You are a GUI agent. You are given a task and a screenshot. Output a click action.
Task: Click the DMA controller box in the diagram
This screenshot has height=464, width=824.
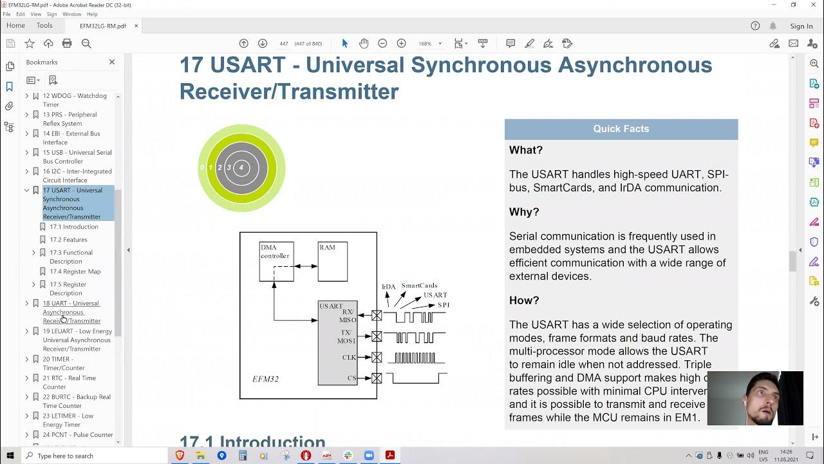pos(276,261)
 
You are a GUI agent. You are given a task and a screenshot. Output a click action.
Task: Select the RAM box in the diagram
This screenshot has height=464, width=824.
pos(333,261)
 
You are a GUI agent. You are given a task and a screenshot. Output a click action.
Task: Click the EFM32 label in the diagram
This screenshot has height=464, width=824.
pos(265,379)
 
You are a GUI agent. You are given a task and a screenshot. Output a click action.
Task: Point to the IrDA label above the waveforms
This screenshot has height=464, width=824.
pos(388,287)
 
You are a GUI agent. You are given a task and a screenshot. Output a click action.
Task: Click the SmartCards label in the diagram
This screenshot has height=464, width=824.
pos(419,285)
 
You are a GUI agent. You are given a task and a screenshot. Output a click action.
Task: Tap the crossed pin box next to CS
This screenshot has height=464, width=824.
pos(377,378)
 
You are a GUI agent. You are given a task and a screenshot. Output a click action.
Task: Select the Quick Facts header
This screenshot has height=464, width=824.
pos(621,129)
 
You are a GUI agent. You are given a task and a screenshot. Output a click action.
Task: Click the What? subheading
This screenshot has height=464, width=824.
pos(526,150)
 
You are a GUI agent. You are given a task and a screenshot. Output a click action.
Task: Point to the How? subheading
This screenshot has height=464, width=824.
pos(524,300)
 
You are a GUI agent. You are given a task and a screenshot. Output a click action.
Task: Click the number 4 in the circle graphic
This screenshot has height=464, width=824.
pos(241,168)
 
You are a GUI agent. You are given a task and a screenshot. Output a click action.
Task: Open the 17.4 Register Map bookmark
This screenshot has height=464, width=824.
pos(75,271)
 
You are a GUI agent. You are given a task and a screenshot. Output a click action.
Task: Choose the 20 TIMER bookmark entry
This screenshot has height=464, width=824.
pos(64,363)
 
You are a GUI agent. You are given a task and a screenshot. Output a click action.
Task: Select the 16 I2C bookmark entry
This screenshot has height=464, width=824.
pos(77,175)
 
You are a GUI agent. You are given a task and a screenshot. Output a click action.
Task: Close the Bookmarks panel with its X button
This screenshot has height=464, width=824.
pos(112,62)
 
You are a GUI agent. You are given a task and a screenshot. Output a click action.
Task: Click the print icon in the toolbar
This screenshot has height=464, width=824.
pos(67,43)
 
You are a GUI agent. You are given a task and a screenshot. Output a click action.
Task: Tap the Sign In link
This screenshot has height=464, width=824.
pos(801,26)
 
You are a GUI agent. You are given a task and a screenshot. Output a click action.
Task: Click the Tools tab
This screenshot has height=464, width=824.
pos(44,26)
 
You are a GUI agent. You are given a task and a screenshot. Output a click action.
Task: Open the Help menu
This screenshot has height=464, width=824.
pos(92,14)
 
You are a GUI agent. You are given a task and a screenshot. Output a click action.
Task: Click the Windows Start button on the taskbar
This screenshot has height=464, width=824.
pos(10,456)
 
